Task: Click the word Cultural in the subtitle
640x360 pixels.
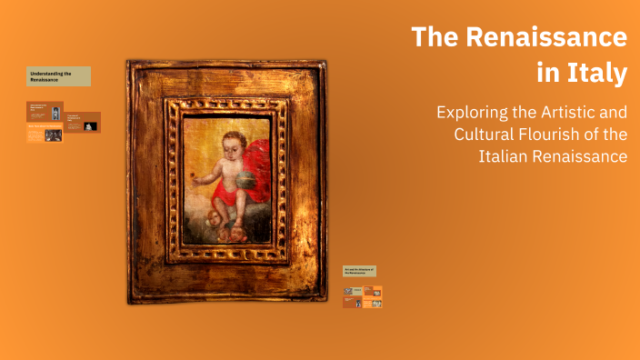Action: point(487,135)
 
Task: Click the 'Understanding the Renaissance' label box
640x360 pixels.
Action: point(58,76)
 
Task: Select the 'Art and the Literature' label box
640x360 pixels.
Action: point(359,271)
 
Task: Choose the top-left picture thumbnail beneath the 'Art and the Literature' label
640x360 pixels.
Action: point(353,292)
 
